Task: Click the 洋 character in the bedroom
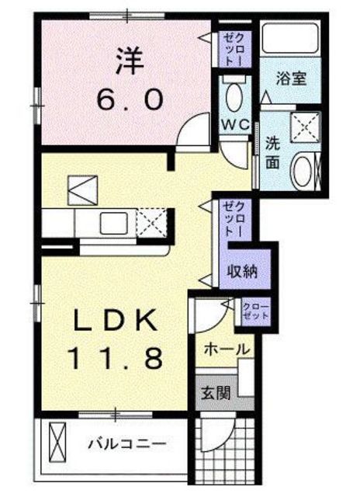tap(130, 61)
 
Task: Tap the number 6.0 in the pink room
tap(130, 99)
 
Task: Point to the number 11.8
tap(116, 357)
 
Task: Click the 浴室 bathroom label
tap(291, 78)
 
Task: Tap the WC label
tap(236, 125)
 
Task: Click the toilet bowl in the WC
tap(235, 96)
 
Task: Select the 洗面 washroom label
tap(272, 154)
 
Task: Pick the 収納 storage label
tap(242, 271)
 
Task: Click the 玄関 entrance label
tap(216, 394)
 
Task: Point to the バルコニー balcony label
tap(127, 444)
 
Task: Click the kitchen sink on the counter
tap(114, 223)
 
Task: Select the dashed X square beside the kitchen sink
tap(151, 222)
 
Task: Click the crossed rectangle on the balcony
tap(57, 443)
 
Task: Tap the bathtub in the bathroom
tap(290, 38)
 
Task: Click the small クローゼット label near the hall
tap(256, 311)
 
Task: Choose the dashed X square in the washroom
tap(305, 127)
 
